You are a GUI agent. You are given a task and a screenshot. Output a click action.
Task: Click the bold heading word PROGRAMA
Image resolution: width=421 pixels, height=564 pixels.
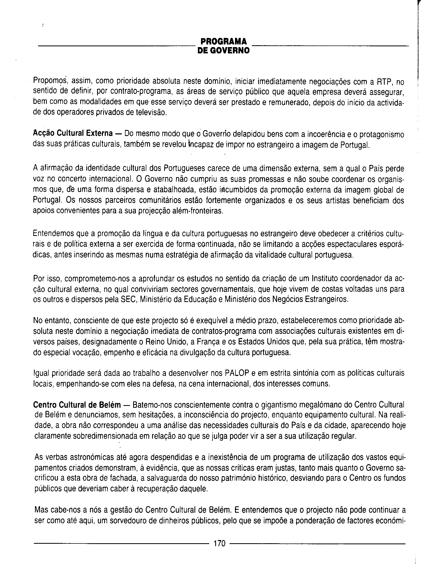coord(223,42)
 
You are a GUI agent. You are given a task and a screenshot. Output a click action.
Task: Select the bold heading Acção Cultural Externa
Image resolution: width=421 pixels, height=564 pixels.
coord(73,133)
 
